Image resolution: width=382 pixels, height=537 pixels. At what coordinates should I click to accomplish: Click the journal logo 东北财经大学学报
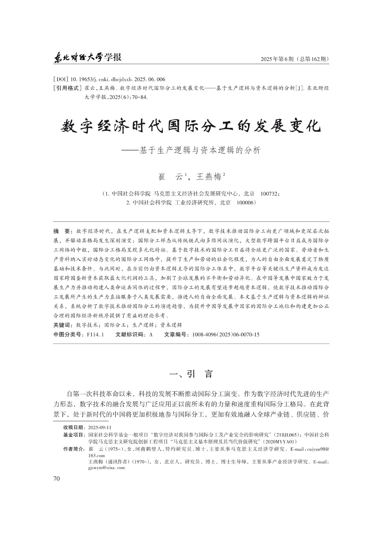(87, 58)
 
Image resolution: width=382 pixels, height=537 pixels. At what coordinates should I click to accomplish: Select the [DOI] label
(61, 80)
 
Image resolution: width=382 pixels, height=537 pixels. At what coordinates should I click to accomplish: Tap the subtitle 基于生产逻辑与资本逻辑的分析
(200, 150)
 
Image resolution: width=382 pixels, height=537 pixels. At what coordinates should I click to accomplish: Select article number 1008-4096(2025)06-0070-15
(226, 335)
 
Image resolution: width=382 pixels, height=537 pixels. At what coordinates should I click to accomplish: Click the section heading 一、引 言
(191, 374)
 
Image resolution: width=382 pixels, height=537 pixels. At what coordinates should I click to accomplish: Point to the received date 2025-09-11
(100, 428)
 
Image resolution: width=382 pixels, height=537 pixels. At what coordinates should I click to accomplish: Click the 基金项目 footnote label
(73, 435)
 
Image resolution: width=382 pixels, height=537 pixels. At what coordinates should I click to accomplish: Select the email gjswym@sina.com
(106, 468)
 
